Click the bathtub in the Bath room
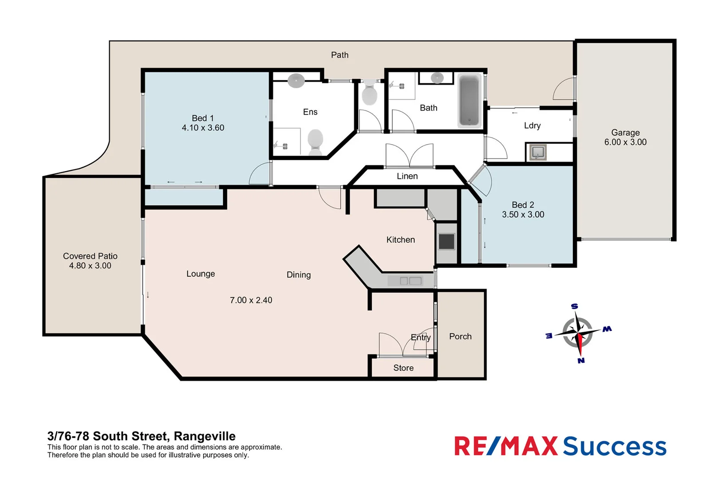[x=469, y=101]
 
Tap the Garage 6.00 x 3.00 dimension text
[x=625, y=142]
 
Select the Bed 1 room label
[x=203, y=118]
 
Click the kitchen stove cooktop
[x=446, y=242]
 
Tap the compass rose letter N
[x=581, y=361]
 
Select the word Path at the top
[x=340, y=55]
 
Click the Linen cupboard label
[x=407, y=176]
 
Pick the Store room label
[x=403, y=368]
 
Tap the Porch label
[x=460, y=336]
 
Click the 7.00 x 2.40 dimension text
[x=251, y=300]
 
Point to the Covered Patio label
[x=90, y=256]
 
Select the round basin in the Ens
[x=296, y=81]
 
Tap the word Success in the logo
[x=615, y=446]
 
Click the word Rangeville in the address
[x=204, y=436]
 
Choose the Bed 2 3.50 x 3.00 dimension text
[x=523, y=215]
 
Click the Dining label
[x=298, y=275]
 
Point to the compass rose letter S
[x=574, y=306]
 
